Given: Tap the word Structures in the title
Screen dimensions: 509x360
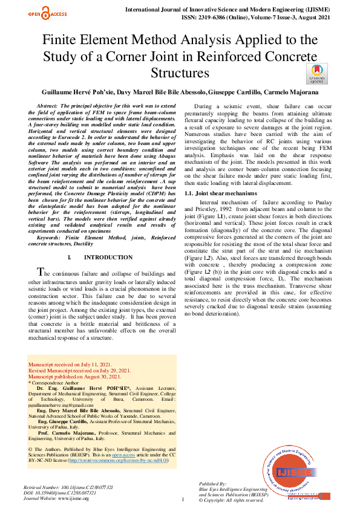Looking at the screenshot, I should pos(180,74).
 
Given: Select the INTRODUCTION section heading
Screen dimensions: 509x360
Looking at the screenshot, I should pos(100,258).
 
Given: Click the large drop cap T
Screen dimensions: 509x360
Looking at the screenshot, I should pos(41,271).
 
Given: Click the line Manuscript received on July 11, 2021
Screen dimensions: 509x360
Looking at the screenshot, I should pos(70,365).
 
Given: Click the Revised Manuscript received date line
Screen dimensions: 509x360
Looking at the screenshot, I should pos(79,371).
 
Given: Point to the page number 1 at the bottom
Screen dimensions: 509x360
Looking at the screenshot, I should pos(182,499).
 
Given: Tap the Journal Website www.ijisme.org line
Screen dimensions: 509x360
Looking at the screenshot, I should pos(56,499).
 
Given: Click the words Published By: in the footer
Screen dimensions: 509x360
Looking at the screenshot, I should pos(212,485).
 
